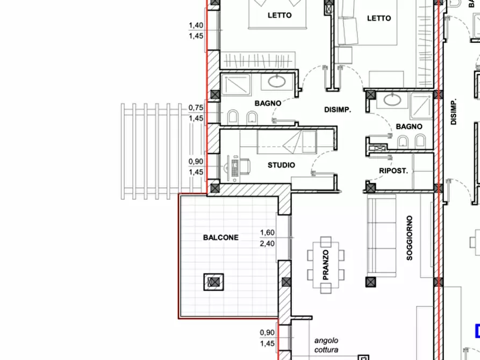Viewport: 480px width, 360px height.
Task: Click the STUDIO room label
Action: (281, 165)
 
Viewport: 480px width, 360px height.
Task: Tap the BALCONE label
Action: (221, 237)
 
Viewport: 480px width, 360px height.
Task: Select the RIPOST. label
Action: (393, 171)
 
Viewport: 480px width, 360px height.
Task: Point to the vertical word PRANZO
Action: (326, 265)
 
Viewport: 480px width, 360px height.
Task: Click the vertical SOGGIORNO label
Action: (410, 238)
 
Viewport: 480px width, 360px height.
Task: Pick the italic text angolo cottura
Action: (326, 345)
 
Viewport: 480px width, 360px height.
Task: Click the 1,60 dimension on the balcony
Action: (267, 233)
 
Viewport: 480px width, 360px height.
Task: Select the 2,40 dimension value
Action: (267, 244)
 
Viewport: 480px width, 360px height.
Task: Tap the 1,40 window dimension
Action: (196, 25)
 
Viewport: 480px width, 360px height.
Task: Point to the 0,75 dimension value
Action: (196, 108)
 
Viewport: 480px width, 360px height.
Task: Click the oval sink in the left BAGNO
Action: (277, 81)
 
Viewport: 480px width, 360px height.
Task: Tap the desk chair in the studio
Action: (245, 166)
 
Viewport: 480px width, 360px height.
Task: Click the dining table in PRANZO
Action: (326, 265)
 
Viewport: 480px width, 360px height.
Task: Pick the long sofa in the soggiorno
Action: (382, 236)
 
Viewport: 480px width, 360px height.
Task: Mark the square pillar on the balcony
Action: (214, 282)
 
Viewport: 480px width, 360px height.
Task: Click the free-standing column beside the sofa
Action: (371, 282)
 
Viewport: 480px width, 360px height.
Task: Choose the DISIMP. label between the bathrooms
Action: (338, 110)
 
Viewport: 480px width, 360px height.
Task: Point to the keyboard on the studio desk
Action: (235, 168)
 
